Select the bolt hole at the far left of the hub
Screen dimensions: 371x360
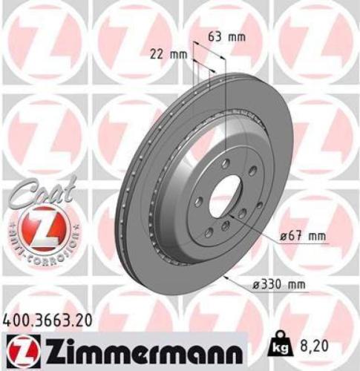click(x=196, y=200)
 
